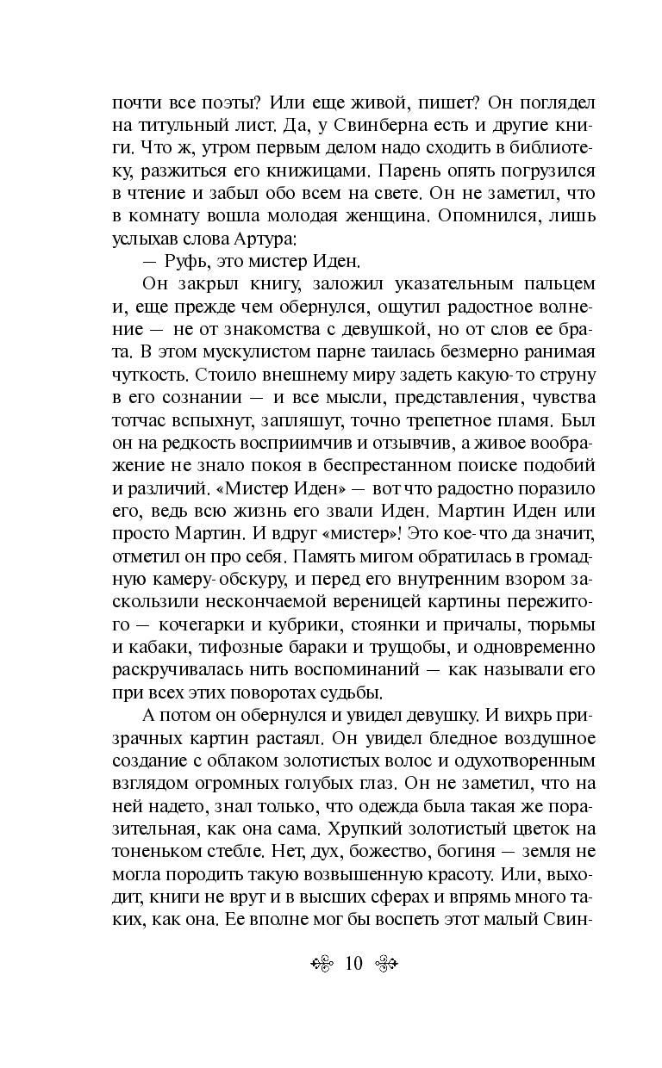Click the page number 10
pyautogui.click(x=353, y=963)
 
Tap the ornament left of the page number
pyautogui.click(x=323, y=964)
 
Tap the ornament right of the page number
pyautogui.click(x=384, y=964)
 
